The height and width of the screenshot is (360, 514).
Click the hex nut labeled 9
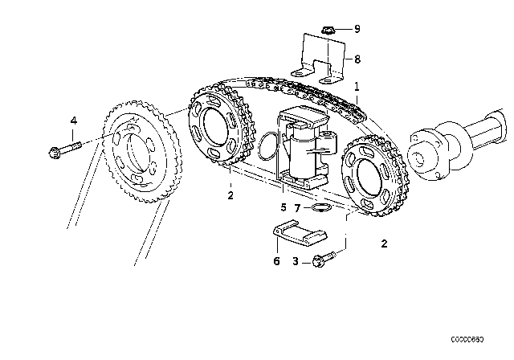[x=327, y=31]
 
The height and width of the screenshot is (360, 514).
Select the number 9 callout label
[x=357, y=30]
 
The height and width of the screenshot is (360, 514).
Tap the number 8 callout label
[x=357, y=59]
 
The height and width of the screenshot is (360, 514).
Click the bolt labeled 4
[x=63, y=149]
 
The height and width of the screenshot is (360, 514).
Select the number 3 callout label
[x=295, y=260]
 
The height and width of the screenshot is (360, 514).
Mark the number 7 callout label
[x=296, y=208]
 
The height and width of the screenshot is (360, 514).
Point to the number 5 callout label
[x=283, y=208]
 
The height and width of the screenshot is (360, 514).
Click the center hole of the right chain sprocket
[x=366, y=178]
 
